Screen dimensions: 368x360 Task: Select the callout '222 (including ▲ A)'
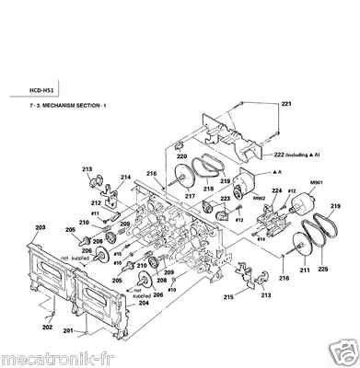[302, 154]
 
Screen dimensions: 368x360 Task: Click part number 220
[182, 157]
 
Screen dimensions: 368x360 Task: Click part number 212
[95, 201]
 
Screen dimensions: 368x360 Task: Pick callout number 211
[279, 274]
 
